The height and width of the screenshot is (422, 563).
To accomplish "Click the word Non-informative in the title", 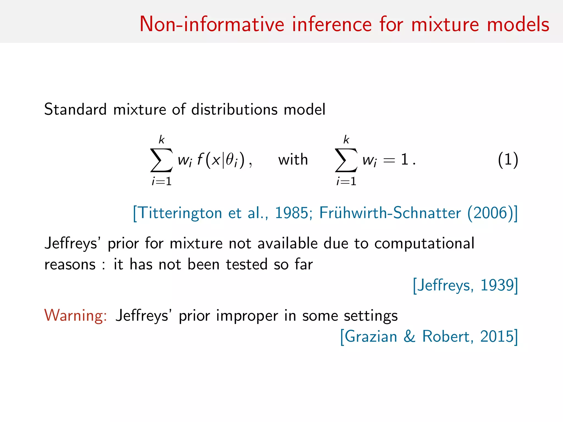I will coord(212,24).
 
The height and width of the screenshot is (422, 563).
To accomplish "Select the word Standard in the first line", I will coord(75,109).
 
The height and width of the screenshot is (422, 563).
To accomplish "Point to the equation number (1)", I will coord(508,160).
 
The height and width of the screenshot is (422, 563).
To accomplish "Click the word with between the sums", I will coord(293,160).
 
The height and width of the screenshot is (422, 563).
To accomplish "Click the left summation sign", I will coord(162,160).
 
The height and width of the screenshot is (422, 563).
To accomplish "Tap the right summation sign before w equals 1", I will coord(346,160).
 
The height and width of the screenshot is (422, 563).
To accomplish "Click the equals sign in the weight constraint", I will coord(389,160).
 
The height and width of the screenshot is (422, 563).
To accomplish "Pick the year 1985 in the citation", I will coord(291,213).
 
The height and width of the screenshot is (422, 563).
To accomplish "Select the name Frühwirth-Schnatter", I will coord(390,213).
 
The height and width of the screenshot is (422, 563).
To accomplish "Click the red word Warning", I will coord(75,316).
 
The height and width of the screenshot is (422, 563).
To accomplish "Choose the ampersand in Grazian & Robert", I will coord(409,336).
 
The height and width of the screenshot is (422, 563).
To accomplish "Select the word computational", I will coord(424,243).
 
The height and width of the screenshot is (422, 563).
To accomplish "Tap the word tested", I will coord(247,264).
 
